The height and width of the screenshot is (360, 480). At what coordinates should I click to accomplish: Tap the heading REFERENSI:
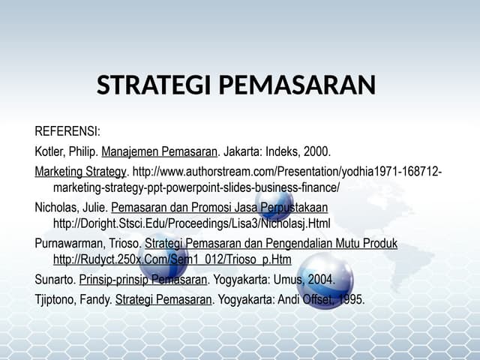[x=67, y=132]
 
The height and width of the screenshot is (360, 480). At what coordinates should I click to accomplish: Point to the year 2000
[x=316, y=151]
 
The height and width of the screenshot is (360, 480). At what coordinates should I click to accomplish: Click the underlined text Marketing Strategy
[x=81, y=172]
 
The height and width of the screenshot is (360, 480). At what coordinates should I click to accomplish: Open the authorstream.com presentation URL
[x=285, y=172]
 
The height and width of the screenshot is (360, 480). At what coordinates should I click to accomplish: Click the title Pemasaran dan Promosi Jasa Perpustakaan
[x=219, y=207]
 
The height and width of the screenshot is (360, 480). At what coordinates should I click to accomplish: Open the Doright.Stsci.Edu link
[x=191, y=223]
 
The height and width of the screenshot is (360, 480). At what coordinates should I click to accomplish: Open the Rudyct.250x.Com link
[x=172, y=260]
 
